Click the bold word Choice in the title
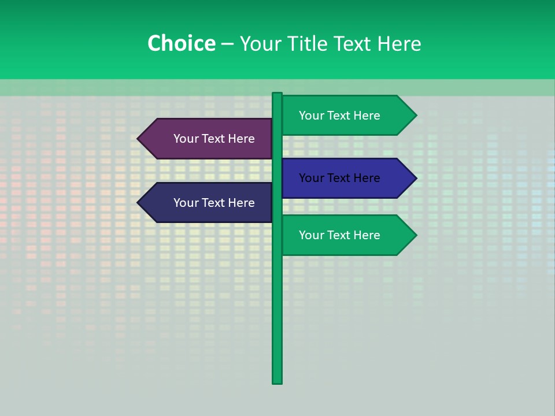tap(181, 44)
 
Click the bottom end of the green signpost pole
tap(277, 381)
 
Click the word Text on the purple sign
tap(214, 139)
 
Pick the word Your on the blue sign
tap(310, 178)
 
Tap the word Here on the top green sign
tap(367, 116)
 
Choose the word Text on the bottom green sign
tap(339, 235)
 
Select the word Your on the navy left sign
tap(185, 203)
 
